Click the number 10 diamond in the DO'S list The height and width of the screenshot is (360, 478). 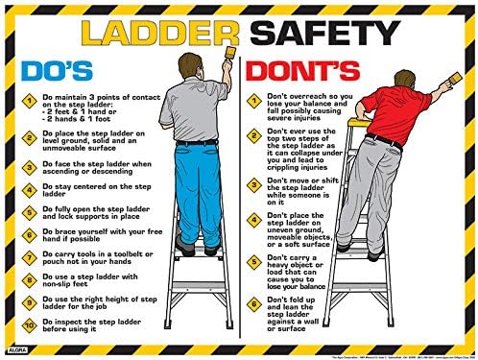point(31,326)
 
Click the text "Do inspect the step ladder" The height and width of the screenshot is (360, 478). point(87,322)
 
